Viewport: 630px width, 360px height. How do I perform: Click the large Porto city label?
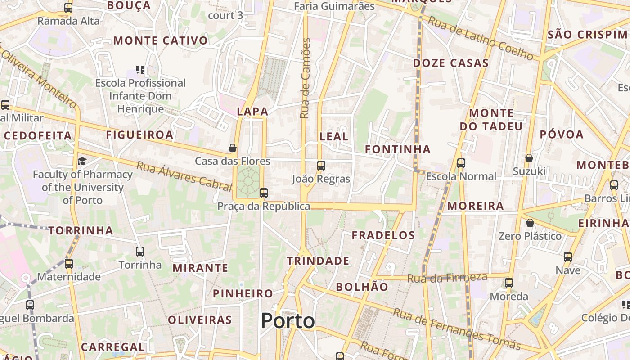tap(288, 321)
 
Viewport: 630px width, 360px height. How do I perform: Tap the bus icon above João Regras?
tap(321, 166)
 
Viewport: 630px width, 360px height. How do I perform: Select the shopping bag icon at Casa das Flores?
tap(233, 148)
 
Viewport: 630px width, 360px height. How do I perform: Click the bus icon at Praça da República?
tap(264, 193)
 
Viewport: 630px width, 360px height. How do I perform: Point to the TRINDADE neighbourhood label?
tap(318, 261)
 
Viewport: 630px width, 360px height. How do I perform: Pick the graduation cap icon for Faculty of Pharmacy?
tap(82, 161)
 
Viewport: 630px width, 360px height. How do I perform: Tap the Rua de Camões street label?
tap(306, 78)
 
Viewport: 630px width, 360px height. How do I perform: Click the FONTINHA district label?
tap(398, 149)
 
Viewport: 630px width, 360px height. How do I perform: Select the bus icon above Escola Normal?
tap(461, 163)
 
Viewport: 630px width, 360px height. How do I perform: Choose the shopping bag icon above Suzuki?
tap(529, 158)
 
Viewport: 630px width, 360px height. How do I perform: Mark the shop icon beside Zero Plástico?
tap(530, 223)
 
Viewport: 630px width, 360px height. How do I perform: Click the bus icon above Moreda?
tap(509, 283)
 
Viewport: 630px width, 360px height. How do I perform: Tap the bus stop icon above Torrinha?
tap(140, 252)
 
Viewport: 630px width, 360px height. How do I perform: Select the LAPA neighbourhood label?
tap(252, 112)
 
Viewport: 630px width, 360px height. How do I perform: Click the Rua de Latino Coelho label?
tap(480, 38)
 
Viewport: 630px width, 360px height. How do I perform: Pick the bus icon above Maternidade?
tap(69, 263)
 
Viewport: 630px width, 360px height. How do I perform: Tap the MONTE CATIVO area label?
tap(161, 41)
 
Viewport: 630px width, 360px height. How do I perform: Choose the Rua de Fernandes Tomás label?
tap(457, 329)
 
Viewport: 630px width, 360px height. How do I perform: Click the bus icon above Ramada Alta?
tap(68, 8)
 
